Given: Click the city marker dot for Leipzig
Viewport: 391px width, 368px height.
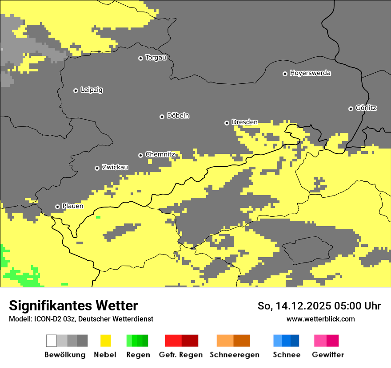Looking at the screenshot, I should point(76,90).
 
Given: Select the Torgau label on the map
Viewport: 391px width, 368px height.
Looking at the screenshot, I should point(156,58).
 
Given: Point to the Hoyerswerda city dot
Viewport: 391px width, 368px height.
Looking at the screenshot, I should point(285,74).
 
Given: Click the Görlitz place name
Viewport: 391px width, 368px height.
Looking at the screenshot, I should point(366,108).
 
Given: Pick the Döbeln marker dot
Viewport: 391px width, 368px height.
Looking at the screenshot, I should point(162,117).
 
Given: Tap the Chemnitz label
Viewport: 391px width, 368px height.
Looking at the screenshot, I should point(160,154).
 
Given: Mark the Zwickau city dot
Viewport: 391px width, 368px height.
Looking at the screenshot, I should point(97,168).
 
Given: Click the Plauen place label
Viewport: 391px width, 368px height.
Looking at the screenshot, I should point(72,206).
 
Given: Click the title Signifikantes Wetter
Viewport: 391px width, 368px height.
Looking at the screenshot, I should point(73,305).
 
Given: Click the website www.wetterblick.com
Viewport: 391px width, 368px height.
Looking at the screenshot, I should point(320,319).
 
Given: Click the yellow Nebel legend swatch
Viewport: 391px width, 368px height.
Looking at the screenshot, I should point(106,341).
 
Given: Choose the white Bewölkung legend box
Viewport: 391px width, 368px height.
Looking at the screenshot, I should point(52,341).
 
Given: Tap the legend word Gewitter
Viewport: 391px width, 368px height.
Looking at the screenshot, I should point(327,355).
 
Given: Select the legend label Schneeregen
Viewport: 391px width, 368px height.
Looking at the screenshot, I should point(234,355).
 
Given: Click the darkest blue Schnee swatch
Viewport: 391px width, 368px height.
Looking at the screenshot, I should point(295,341).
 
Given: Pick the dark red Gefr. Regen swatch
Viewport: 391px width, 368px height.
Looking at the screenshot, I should point(190,341).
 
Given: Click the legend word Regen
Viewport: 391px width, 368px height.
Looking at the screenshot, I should point(137,355).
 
